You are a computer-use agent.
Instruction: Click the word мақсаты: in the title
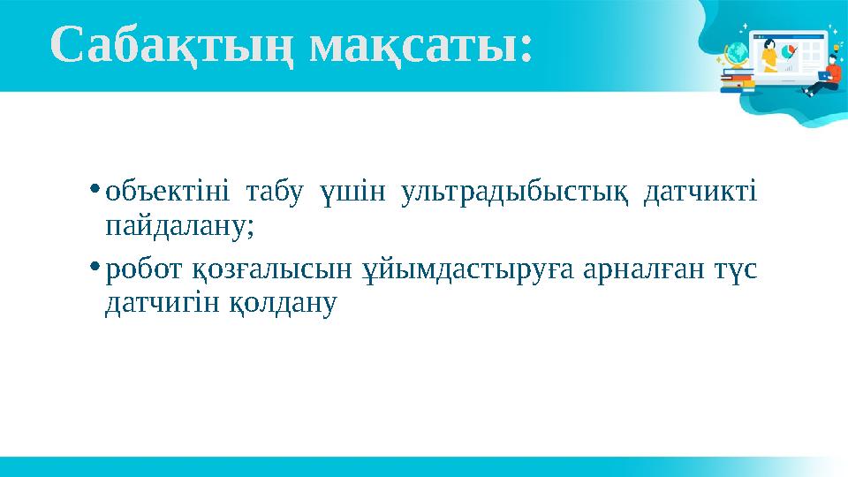click(424, 46)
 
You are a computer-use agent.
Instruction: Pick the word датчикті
click(700, 192)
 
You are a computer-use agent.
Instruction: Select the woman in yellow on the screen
click(769, 55)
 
